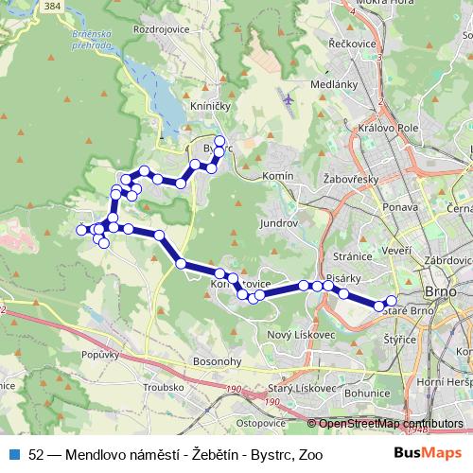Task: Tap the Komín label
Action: [x=281, y=177]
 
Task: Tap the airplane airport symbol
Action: [x=287, y=97]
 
